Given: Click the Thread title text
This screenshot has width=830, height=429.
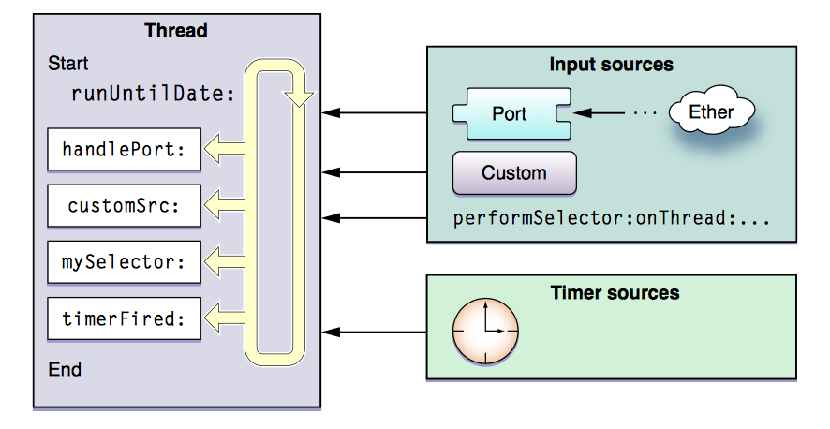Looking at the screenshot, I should (x=176, y=31).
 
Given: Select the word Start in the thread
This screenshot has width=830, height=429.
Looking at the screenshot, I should (x=67, y=65).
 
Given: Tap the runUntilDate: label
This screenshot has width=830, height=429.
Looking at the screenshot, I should (x=152, y=94).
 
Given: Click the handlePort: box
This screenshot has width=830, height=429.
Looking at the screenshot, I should (x=125, y=149).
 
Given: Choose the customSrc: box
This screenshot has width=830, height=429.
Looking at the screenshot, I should (x=125, y=206).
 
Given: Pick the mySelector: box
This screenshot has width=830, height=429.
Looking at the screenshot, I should (x=125, y=262).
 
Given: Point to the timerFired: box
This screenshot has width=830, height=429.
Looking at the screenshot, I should (x=125, y=318).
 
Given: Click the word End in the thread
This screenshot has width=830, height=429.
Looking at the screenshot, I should (x=65, y=369).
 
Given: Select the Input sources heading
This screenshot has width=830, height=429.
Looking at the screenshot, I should (x=611, y=65).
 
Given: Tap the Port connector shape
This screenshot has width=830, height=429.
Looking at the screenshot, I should (x=511, y=114).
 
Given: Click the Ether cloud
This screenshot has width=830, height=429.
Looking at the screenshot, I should (x=712, y=112).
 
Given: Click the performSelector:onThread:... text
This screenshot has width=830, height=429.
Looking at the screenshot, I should (x=611, y=219).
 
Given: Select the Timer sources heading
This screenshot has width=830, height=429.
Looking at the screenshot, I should (x=615, y=292).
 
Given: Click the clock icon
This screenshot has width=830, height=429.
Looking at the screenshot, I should (x=485, y=333).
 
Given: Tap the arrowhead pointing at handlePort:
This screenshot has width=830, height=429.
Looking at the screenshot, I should (x=215, y=148).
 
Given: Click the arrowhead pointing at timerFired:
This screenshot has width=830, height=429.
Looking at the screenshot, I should (x=215, y=318).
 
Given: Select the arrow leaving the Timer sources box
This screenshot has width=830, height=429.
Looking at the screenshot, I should (x=375, y=333).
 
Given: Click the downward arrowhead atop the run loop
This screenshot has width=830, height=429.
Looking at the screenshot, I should (x=300, y=96).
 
